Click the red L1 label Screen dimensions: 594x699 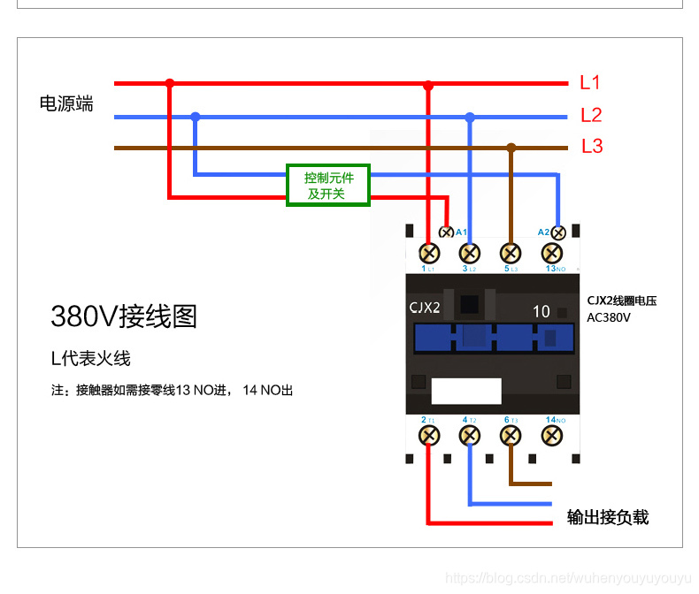[x=590, y=83]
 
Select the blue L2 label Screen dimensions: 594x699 [x=591, y=115]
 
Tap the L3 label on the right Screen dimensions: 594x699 [x=592, y=147]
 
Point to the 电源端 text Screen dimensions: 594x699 [x=66, y=103]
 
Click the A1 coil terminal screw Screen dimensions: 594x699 [x=447, y=232]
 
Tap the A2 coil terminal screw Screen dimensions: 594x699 [x=558, y=232]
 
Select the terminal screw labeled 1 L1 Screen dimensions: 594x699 [x=429, y=253]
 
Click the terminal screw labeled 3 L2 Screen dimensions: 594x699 [x=470, y=253]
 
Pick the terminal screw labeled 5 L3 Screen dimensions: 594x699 [x=511, y=253]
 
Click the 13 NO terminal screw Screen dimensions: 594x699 [x=552, y=253]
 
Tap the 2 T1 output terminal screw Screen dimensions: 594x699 [x=429, y=435]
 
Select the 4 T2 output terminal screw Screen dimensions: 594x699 [x=470, y=435]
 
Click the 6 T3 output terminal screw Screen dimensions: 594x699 [x=511, y=435]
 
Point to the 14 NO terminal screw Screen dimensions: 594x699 [x=552, y=435]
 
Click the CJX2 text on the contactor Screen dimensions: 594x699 [x=425, y=308]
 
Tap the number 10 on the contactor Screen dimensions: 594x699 [x=542, y=311]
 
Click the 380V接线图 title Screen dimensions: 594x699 [x=124, y=316]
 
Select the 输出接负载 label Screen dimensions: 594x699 [x=608, y=517]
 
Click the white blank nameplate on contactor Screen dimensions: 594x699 [x=466, y=391]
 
